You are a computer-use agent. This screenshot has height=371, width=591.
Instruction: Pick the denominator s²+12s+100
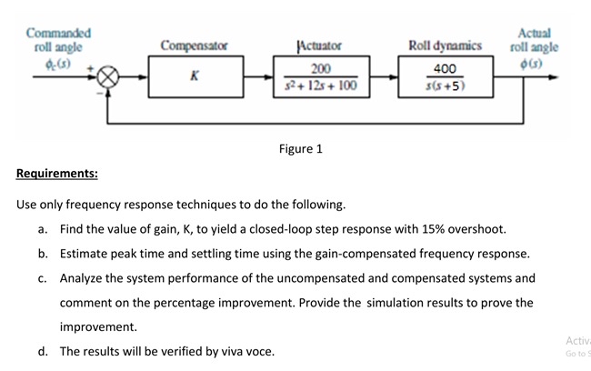click(x=320, y=86)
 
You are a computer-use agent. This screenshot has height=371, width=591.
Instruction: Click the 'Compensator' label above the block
click(x=194, y=45)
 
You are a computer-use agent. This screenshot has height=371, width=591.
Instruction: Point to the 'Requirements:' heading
click(x=57, y=174)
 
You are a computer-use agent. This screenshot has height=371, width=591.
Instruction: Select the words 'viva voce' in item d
click(x=245, y=351)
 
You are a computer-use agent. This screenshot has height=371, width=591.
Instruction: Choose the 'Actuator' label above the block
click(x=319, y=45)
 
